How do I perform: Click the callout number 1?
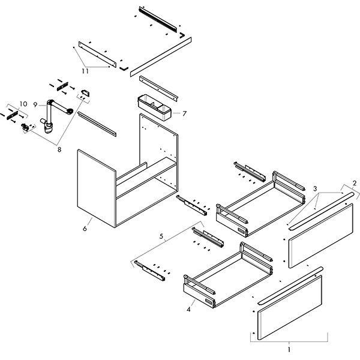[x=289, y=349]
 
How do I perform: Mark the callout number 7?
[x=184, y=113]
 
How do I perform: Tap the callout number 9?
[x=35, y=104]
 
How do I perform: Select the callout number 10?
[x=23, y=104]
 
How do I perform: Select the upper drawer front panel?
[x=322, y=235]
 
